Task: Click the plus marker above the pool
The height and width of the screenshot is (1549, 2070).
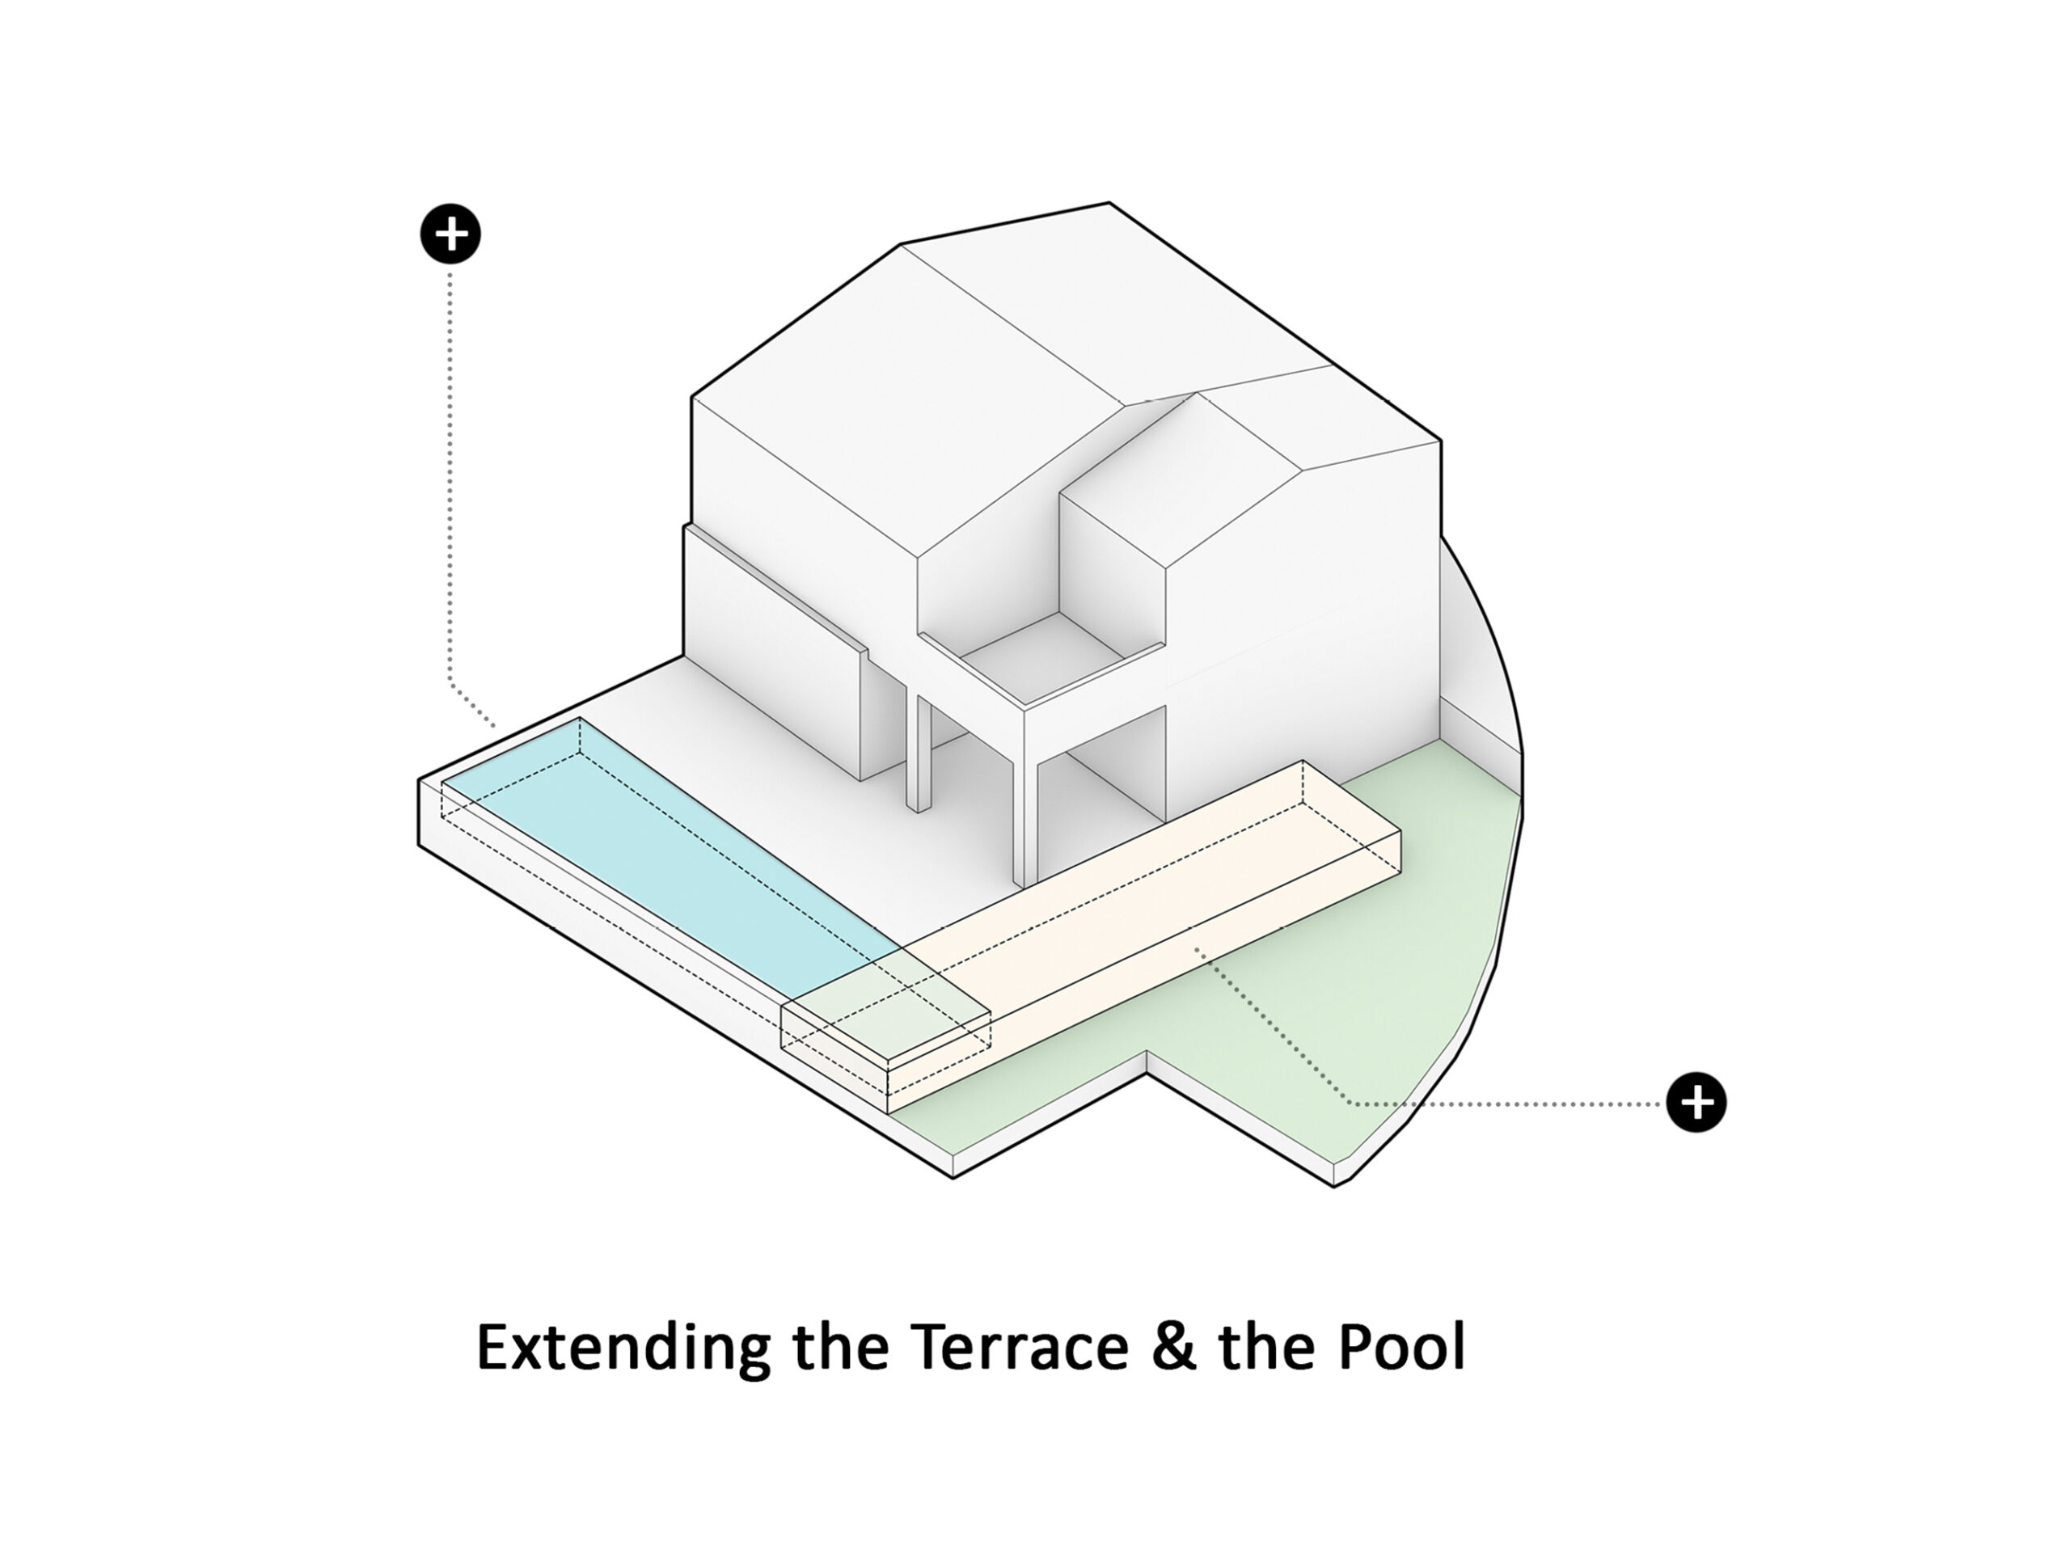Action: coord(450,233)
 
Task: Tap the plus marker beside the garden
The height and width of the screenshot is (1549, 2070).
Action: coord(1696,1102)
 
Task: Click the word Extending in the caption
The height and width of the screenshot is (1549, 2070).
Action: coord(623,1349)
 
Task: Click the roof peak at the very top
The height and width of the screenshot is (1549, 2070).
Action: coord(1109,203)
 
